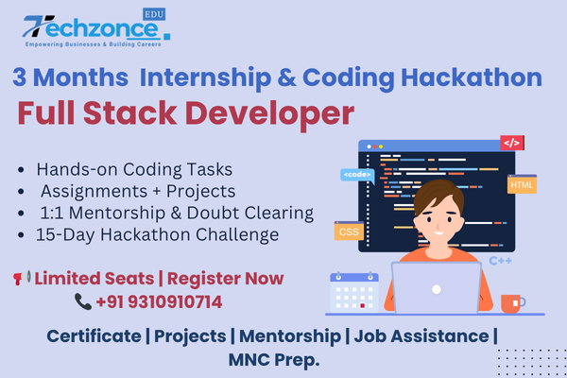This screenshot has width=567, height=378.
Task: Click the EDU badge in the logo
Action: (x=154, y=14)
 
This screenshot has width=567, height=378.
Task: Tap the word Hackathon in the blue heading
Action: (x=472, y=77)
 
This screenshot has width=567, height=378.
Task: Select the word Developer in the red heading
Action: (x=269, y=114)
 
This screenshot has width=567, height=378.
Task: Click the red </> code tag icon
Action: (x=512, y=143)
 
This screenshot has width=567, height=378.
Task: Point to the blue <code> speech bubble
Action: (x=357, y=175)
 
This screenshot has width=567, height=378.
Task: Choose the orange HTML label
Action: (x=522, y=184)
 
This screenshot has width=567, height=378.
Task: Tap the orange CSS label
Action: (x=349, y=231)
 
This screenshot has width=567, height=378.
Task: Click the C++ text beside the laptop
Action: (x=500, y=261)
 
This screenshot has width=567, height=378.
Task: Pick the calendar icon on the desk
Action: (x=354, y=292)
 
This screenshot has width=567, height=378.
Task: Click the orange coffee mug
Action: (x=512, y=303)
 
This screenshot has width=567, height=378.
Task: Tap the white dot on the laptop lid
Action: (x=437, y=289)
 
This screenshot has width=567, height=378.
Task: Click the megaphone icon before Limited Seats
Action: (x=22, y=278)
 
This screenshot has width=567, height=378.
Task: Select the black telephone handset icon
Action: (x=83, y=301)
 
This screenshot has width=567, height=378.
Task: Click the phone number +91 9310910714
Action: (x=159, y=302)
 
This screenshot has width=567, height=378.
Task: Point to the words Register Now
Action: (x=225, y=279)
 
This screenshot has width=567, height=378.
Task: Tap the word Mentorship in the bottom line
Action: (x=290, y=336)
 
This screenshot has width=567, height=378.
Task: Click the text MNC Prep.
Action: (x=274, y=360)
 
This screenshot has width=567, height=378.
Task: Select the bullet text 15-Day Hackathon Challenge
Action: (x=157, y=234)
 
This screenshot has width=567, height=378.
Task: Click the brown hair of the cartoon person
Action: (x=438, y=194)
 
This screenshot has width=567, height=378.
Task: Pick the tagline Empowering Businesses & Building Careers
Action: (x=93, y=44)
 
